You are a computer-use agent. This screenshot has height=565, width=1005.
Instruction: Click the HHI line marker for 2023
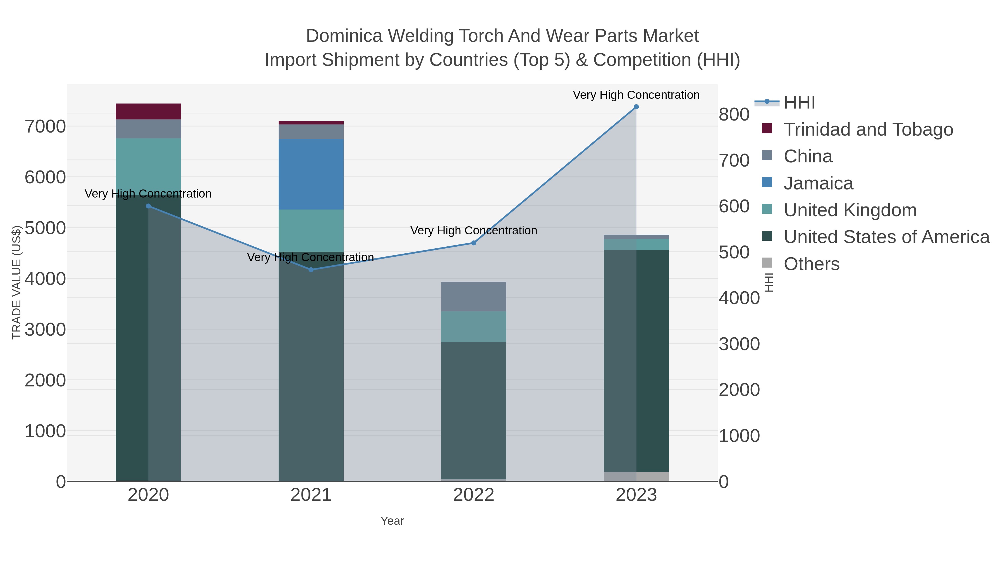point(636,107)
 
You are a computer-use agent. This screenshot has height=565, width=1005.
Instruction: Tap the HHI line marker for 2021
point(311,270)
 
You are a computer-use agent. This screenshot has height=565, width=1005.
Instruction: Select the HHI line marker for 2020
point(148,206)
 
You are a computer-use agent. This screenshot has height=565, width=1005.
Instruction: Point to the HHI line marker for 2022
point(474,243)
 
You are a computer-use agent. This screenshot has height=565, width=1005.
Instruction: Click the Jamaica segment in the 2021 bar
point(311,174)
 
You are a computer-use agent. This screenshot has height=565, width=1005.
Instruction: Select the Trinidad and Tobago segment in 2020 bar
point(148,112)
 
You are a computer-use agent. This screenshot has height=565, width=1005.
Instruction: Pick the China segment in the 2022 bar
point(474,297)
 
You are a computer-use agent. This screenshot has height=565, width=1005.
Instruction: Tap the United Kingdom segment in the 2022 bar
point(474,327)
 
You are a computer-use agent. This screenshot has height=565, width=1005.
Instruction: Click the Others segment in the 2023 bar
point(636,477)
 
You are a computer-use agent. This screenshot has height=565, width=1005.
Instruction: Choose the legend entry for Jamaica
point(818,183)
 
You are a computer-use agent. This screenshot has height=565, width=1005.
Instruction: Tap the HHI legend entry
point(799,103)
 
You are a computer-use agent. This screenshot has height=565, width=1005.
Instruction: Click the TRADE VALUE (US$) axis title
point(16,282)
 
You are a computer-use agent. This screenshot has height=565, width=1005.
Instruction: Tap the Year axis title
point(392,521)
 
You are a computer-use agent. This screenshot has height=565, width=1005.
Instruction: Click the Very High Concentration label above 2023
point(636,95)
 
